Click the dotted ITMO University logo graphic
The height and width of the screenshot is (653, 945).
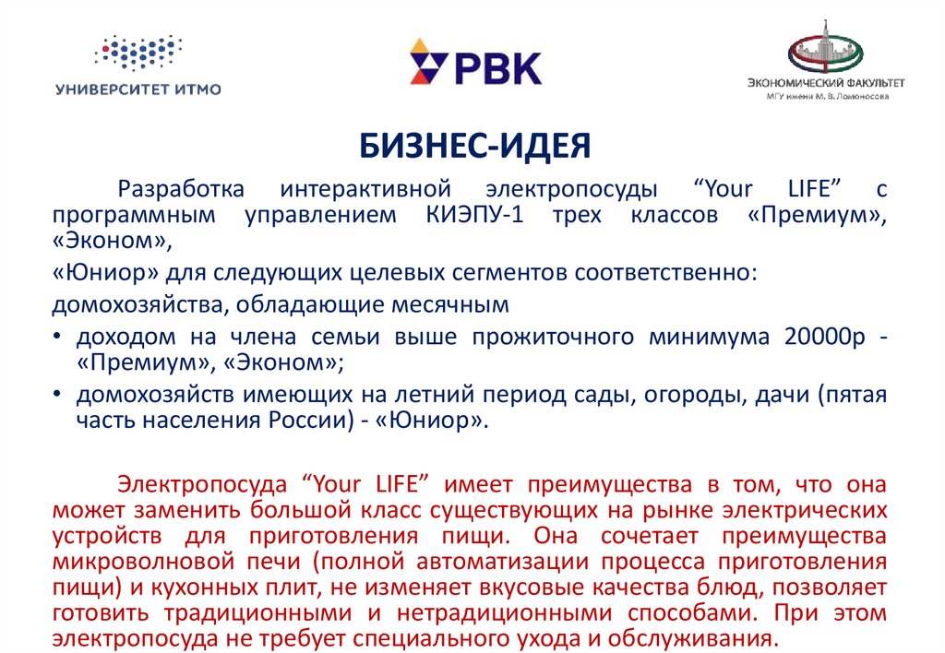(138, 53)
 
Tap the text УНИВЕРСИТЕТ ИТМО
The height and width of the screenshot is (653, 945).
(138, 89)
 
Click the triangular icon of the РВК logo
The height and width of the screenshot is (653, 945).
(428, 62)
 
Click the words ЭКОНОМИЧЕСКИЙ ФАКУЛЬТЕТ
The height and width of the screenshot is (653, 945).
(826, 82)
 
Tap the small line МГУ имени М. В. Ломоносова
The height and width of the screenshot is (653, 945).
(828, 97)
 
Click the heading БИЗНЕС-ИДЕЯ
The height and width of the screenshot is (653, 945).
(475, 146)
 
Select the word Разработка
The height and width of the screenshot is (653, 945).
(181, 190)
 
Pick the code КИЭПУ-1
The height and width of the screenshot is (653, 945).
(475, 215)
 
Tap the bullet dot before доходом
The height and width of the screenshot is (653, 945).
(56, 336)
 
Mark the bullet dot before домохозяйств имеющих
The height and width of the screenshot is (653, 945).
(56, 394)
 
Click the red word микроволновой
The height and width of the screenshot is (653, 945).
(143, 562)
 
